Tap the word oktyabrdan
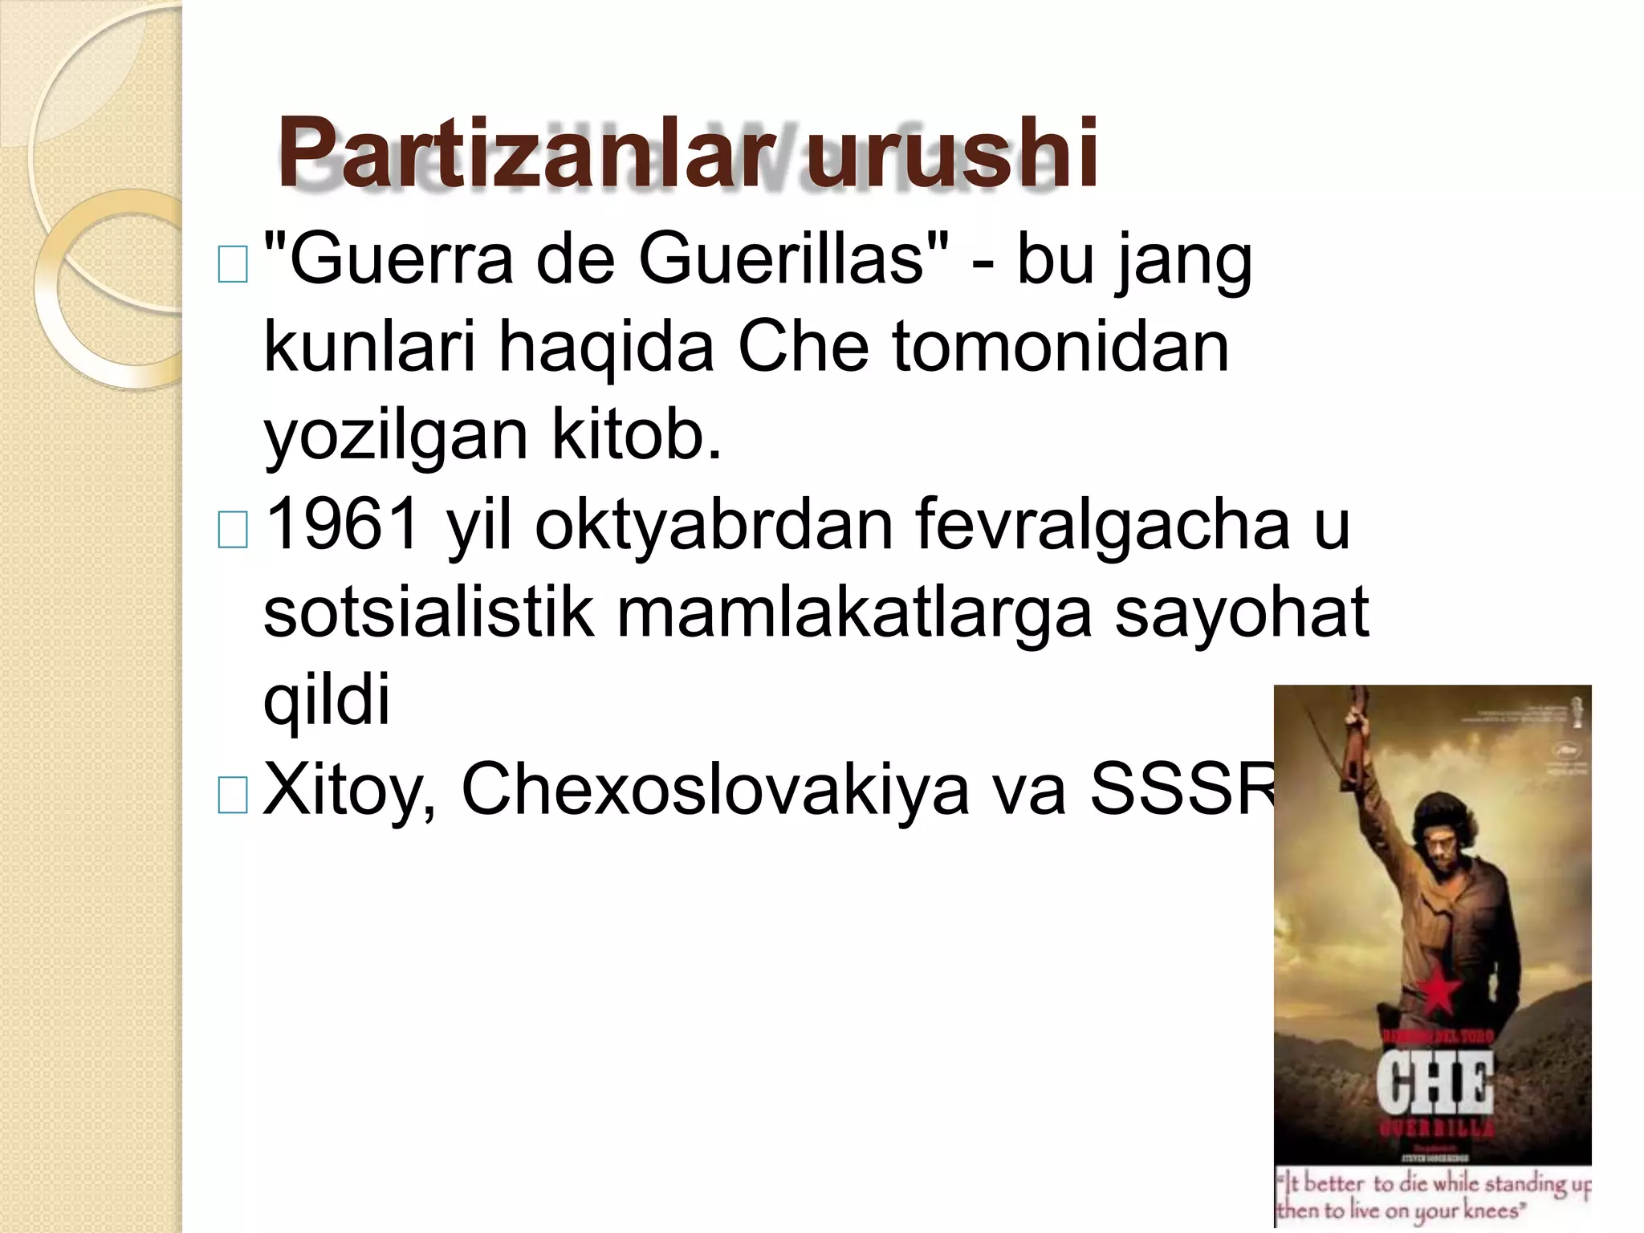pos(714,524)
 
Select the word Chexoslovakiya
pos(715,788)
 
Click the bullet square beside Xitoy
pos(233,795)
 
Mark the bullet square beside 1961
pos(233,531)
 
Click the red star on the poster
pos(1438,995)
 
